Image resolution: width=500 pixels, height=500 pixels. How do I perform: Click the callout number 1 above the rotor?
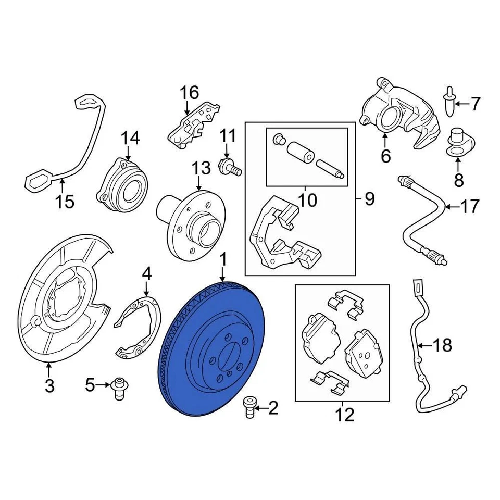pos(223,259)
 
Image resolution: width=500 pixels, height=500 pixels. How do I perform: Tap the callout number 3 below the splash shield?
pos(49,386)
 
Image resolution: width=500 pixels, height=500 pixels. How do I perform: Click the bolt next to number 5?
pos(119,388)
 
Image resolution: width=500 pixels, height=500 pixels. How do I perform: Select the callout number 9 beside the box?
pos(369,199)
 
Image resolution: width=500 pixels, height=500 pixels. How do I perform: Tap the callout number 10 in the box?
pos(308,200)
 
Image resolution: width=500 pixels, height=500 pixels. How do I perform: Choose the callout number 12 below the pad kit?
pos(344,415)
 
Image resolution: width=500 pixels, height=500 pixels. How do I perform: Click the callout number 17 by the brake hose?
pos(469,207)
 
